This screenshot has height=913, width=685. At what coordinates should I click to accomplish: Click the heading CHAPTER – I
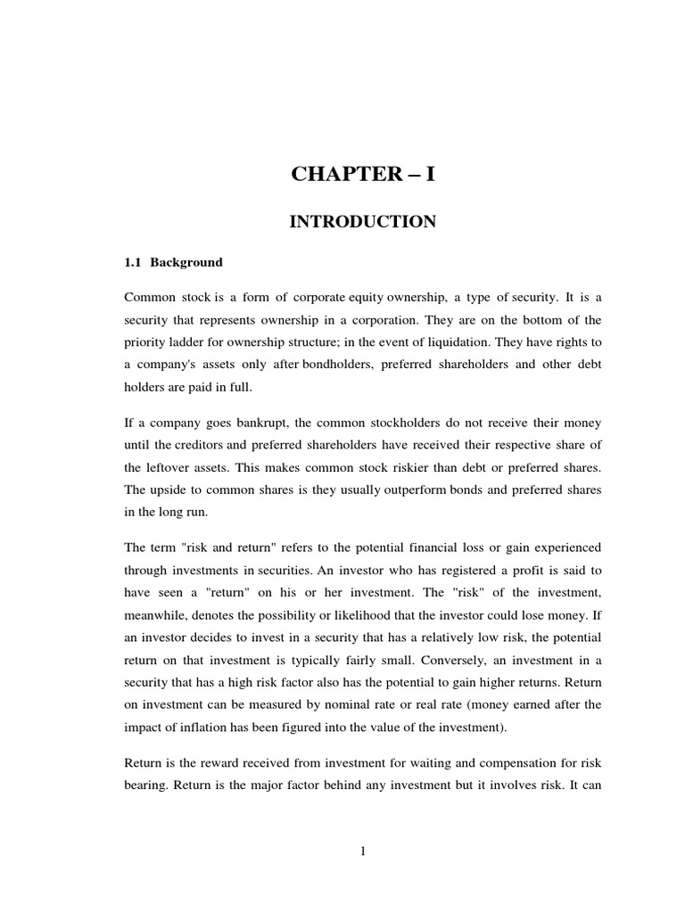(x=363, y=175)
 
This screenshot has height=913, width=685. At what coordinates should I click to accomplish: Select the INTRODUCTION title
(x=363, y=222)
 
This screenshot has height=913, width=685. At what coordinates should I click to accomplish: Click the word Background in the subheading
(x=186, y=263)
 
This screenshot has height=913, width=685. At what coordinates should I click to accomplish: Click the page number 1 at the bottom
(x=363, y=851)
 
